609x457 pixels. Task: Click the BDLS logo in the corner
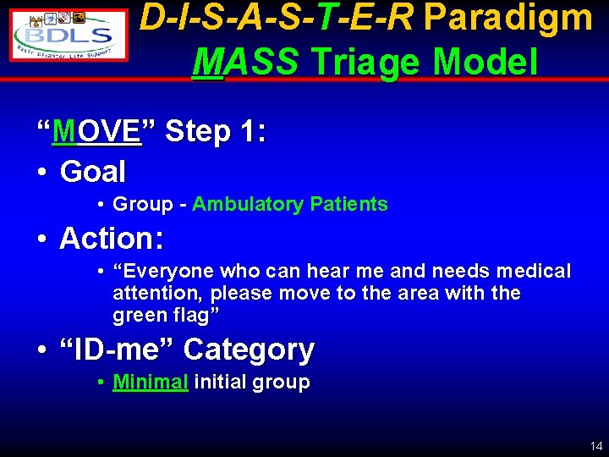click(x=69, y=34)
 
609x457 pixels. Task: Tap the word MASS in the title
click(x=246, y=61)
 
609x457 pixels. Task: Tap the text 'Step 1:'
click(x=216, y=132)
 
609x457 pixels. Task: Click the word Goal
click(x=93, y=172)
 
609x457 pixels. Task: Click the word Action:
click(x=112, y=239)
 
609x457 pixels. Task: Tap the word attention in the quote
click(x=157, y=294)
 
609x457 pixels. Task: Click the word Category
click(x=249, y=349)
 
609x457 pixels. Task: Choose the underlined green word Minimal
click(x=151, y=382)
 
